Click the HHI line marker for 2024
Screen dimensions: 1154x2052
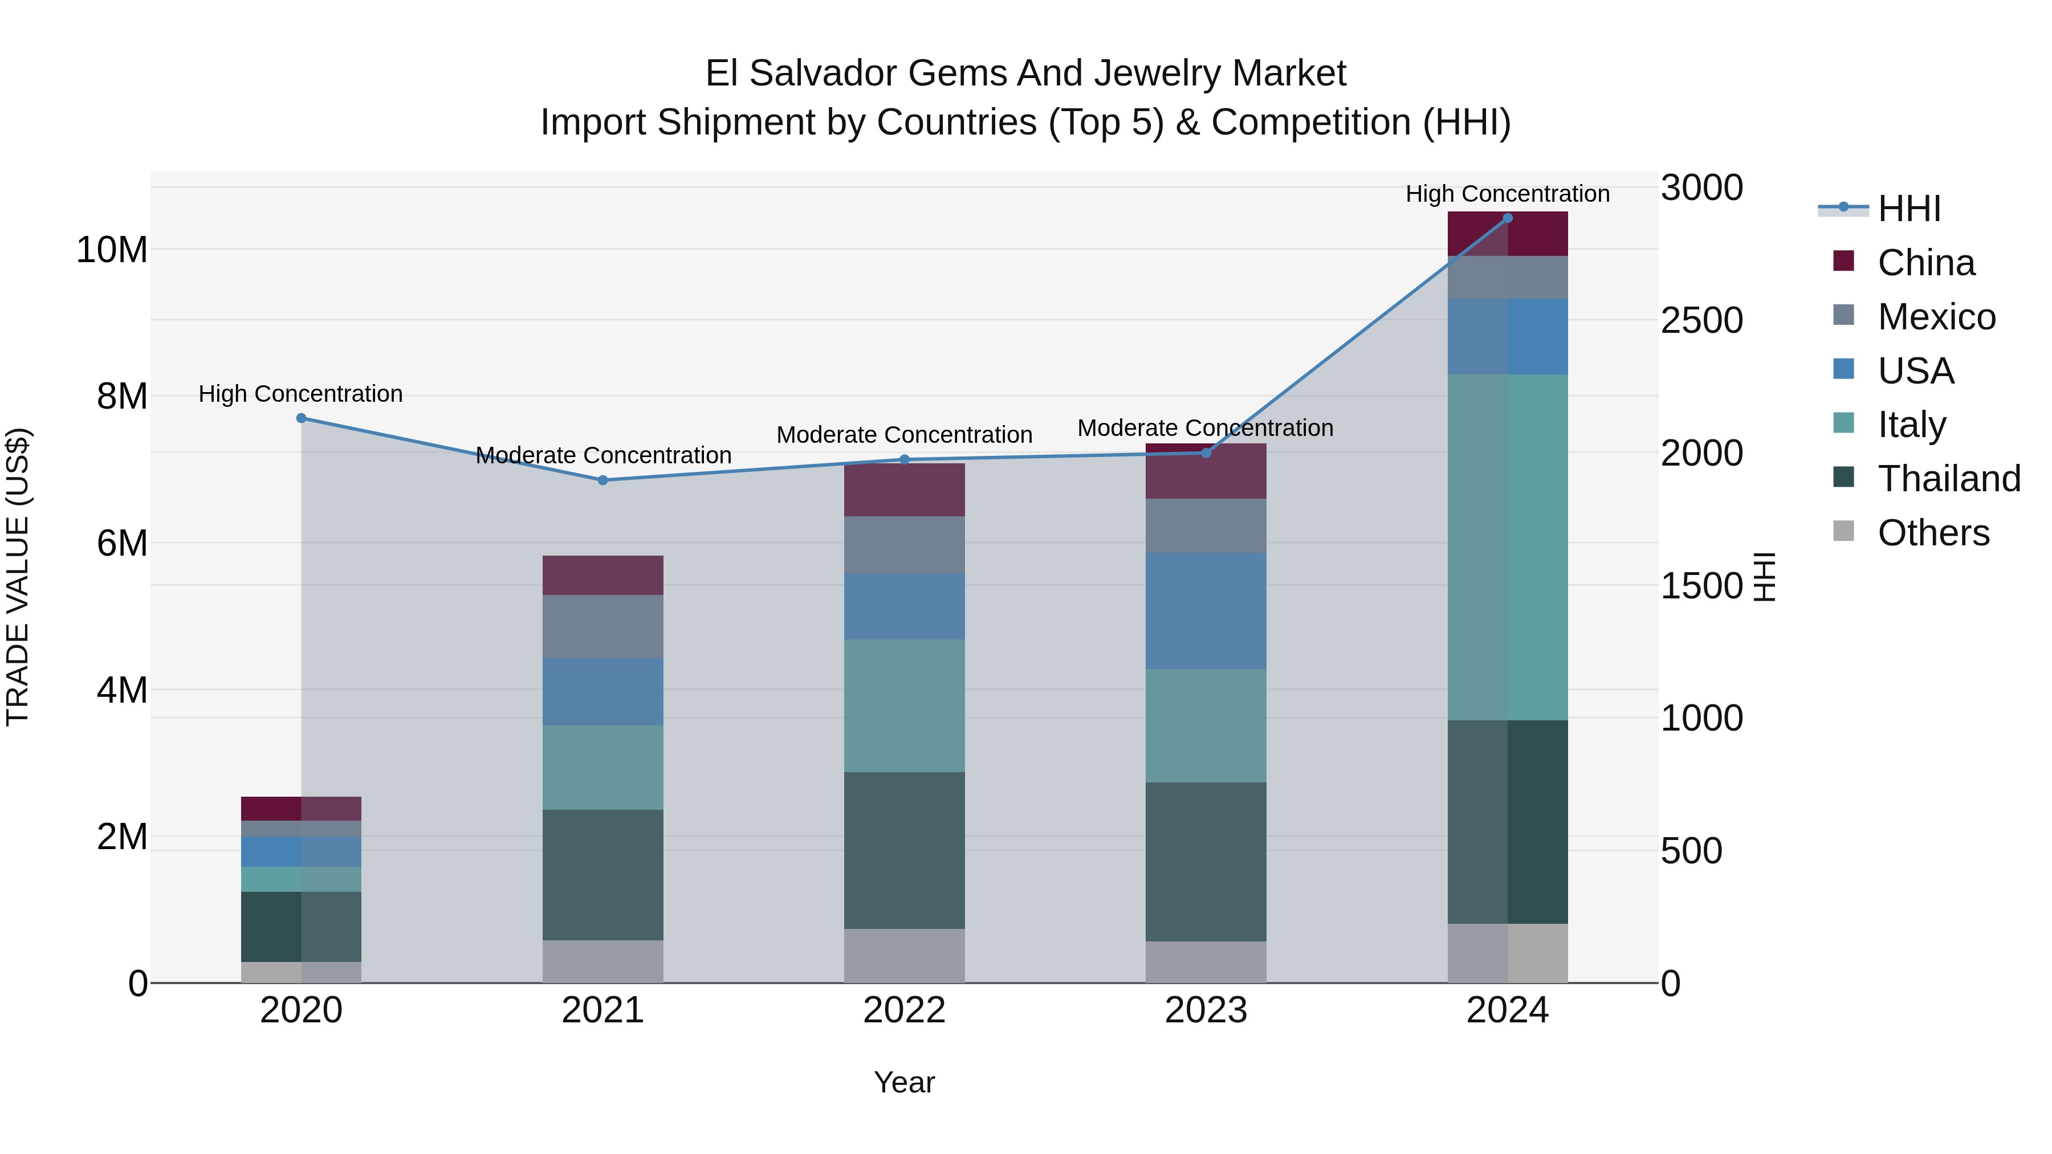1507,218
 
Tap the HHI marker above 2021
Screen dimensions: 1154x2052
603,480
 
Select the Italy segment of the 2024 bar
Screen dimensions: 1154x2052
1507,547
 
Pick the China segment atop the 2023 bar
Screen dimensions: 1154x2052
1205,471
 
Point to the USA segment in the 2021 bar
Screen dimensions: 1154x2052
603,691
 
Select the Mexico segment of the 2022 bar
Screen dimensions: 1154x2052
904,545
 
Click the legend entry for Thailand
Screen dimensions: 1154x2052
1948,479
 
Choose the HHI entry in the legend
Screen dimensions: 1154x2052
1908,209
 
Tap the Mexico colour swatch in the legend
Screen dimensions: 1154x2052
1843,315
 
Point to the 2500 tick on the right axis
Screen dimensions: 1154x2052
1701,320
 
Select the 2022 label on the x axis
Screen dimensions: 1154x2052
904,1010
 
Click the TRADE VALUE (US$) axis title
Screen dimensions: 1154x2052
18,577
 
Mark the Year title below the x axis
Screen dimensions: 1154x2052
904,1082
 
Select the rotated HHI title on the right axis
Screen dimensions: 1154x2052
1764,577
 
